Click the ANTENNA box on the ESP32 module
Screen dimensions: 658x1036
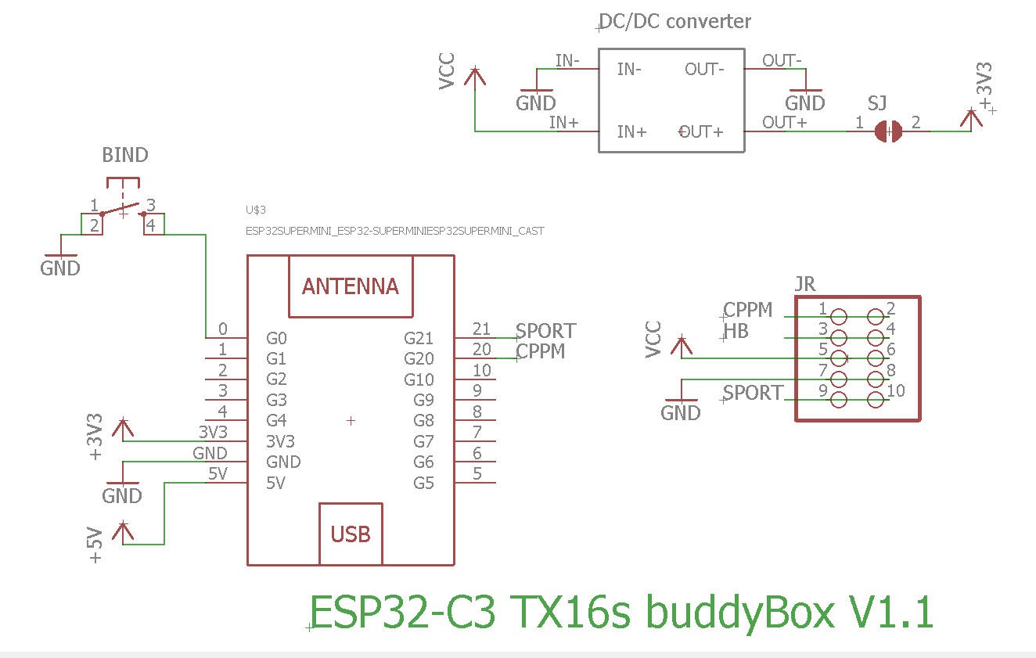click(x=350, y=286)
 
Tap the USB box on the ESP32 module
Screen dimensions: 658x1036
click(x=350, y=534)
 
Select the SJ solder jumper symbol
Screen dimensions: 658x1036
click(x=888, y=131)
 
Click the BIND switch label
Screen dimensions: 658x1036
click(x=125, y=155)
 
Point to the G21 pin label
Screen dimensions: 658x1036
click(x=419, y=338)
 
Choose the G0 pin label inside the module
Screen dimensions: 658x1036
click(x=276, y=338)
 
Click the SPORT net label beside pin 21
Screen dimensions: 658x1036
click(x=545, y=331)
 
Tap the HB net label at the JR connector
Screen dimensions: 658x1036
click(x=736, y=331)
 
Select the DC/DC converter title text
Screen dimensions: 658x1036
click(x=674, y=21)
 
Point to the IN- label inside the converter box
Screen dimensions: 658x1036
click(x=629, y=69)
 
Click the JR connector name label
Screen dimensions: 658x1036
click(x=804, y=283)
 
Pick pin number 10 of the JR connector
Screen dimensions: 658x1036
click(x=896, y=390)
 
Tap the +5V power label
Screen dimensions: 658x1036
click(x=95, y=545)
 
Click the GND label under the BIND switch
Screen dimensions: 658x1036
click(x=60, y=268)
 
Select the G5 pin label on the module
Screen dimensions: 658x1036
click(x=423, y=483)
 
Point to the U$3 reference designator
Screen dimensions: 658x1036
click(x=256, y=210)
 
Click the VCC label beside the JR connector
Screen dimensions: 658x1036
click(x=653, y=340)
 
